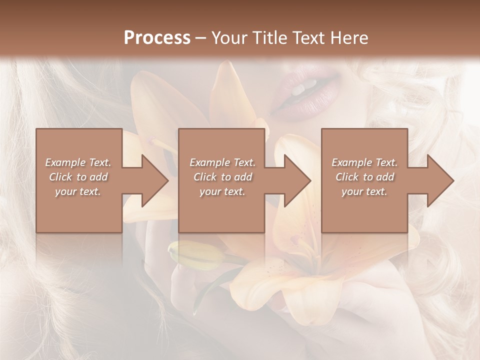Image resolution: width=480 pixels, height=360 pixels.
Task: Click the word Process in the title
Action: pos(157,38)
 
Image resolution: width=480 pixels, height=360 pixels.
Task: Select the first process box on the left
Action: pos(79,215)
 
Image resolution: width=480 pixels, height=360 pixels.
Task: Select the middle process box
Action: pos(221,215)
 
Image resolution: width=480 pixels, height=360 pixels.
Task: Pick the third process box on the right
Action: pos(364,215)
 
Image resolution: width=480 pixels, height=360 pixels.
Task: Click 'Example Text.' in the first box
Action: pos(78,162)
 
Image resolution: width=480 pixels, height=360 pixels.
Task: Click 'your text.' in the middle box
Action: pos(222,191)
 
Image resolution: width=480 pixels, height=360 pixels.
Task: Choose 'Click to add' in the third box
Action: pos(364,177)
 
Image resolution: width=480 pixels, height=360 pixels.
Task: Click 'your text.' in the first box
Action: pos(78,191)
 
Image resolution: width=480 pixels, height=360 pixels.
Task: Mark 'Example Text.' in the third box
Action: pos(364,162)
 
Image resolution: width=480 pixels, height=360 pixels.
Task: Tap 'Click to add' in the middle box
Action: pos(222,177)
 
